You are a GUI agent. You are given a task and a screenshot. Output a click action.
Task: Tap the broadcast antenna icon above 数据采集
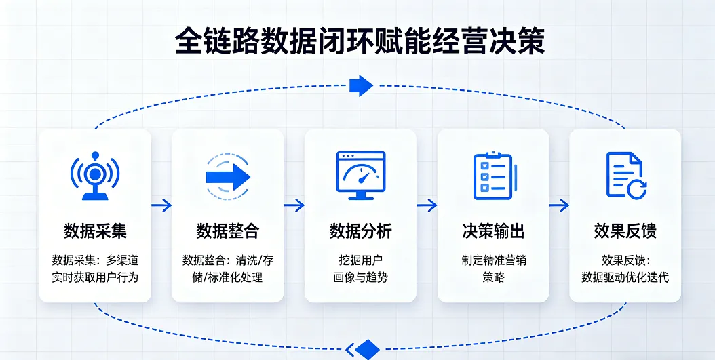95,175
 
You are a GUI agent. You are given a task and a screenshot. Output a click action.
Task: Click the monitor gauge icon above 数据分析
360,175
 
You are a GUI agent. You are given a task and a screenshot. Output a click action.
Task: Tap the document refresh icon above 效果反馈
625,175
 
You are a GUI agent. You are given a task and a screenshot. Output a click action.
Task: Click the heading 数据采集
95,231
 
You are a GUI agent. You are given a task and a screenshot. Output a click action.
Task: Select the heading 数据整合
228,231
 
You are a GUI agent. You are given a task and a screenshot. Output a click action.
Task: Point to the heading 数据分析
360,231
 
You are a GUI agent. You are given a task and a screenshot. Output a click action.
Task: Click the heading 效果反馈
625,231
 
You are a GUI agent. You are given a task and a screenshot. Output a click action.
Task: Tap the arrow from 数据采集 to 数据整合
161,205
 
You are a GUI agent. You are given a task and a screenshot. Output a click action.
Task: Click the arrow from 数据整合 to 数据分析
294,205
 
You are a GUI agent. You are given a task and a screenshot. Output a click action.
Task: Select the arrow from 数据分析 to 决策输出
427,205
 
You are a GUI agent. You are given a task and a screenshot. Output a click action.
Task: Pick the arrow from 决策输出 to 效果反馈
559,205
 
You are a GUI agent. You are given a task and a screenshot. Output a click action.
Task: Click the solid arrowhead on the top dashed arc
361,86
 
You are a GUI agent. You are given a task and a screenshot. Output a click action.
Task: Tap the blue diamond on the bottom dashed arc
367,349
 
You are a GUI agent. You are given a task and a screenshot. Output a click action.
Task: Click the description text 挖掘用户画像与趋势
360,268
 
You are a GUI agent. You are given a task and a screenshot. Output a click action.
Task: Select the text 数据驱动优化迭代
625,277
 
